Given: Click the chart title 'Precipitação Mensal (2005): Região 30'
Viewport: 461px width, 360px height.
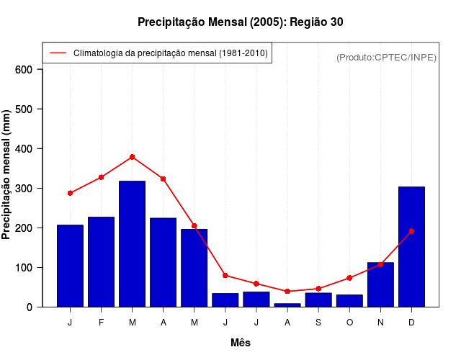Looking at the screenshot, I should (x=240, y=22).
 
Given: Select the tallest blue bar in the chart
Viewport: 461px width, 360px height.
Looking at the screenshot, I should (x=132, y=243).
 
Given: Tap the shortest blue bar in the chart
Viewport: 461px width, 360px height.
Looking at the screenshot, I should (x=287, y=305).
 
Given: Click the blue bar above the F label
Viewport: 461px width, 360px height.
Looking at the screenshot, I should (x=101, y=261).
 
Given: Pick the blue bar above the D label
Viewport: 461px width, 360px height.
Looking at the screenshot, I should (x=411, y=246).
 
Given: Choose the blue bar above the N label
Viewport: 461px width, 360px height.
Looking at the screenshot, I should (x=380, y=284).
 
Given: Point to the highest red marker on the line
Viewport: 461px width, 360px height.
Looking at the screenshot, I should (x=133, y=157).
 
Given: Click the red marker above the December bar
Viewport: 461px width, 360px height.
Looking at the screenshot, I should (x=411, y=231).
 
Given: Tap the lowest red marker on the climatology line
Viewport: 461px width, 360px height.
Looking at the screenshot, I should (x=287, y=292).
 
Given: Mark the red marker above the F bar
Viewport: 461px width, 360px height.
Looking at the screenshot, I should (x=102, y=177).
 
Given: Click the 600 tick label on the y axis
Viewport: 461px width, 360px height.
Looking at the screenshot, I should (x=24, y=70).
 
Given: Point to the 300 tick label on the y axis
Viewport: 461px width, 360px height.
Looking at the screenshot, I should (x=24, y=189).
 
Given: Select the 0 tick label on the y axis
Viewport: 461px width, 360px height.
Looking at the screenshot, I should (x=30, y=307).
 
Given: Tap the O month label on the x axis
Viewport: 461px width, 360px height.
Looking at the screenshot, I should (x=349, y=323).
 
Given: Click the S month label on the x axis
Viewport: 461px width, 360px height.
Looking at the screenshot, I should (x=318, y=323).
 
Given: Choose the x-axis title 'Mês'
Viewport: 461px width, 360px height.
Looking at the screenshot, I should (x=241, y=343).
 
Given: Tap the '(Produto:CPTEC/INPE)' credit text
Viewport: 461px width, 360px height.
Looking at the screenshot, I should (x=386, y=57).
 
